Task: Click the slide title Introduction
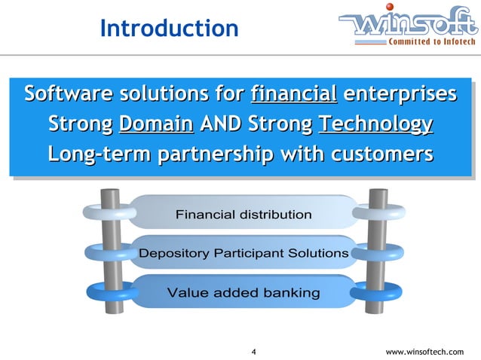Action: (169, 29)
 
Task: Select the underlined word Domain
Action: (156, 124)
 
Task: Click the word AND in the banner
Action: (225, 124)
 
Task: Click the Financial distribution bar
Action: (243, 215)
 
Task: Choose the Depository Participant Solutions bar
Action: (243, 253)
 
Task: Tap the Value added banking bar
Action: (243, 292)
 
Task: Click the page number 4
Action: (253, 352)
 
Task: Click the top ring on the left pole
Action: (103, 213)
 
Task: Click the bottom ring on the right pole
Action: (375, 291)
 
